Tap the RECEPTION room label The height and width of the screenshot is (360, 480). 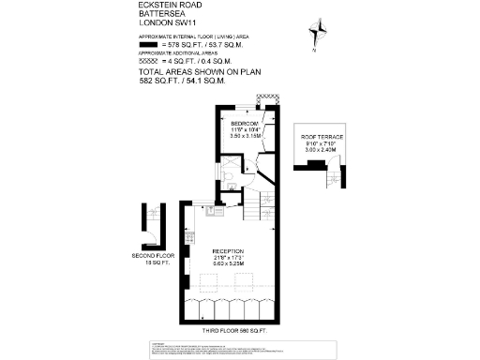coord(228,251)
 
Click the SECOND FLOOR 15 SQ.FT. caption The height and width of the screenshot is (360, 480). coord(152,259)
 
